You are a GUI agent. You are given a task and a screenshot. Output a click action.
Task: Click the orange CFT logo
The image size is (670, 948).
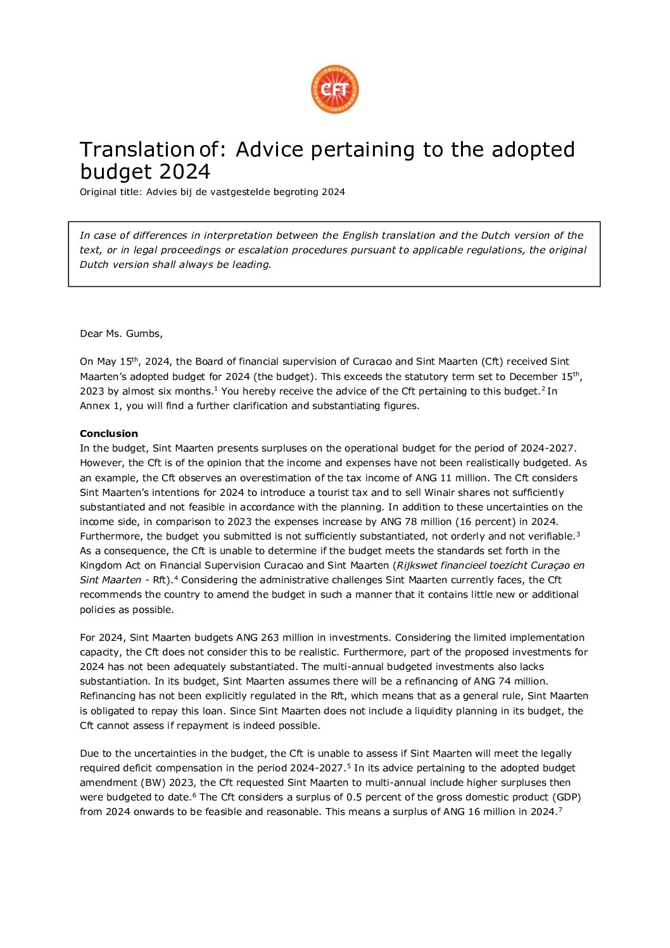(x=335, y=89)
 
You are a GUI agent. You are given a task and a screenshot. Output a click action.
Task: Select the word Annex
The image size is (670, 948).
(x=94, y=406)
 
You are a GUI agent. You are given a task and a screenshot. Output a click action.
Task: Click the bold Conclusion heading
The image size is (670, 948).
(x=109, y=434)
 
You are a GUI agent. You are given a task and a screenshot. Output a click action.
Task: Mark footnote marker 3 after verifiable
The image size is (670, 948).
(x=578, y=534)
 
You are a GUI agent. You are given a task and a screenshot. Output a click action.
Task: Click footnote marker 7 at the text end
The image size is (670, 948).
(x=560, y=809)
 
